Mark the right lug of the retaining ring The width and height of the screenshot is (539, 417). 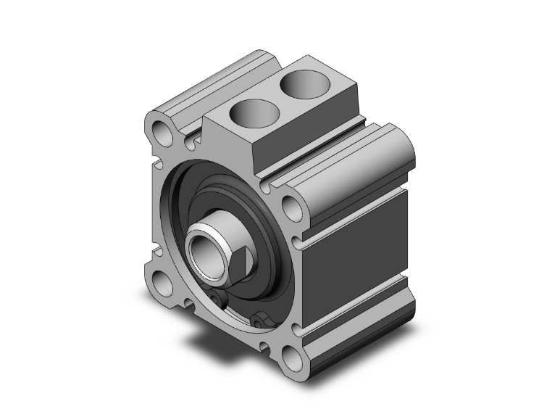click(262, 317)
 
